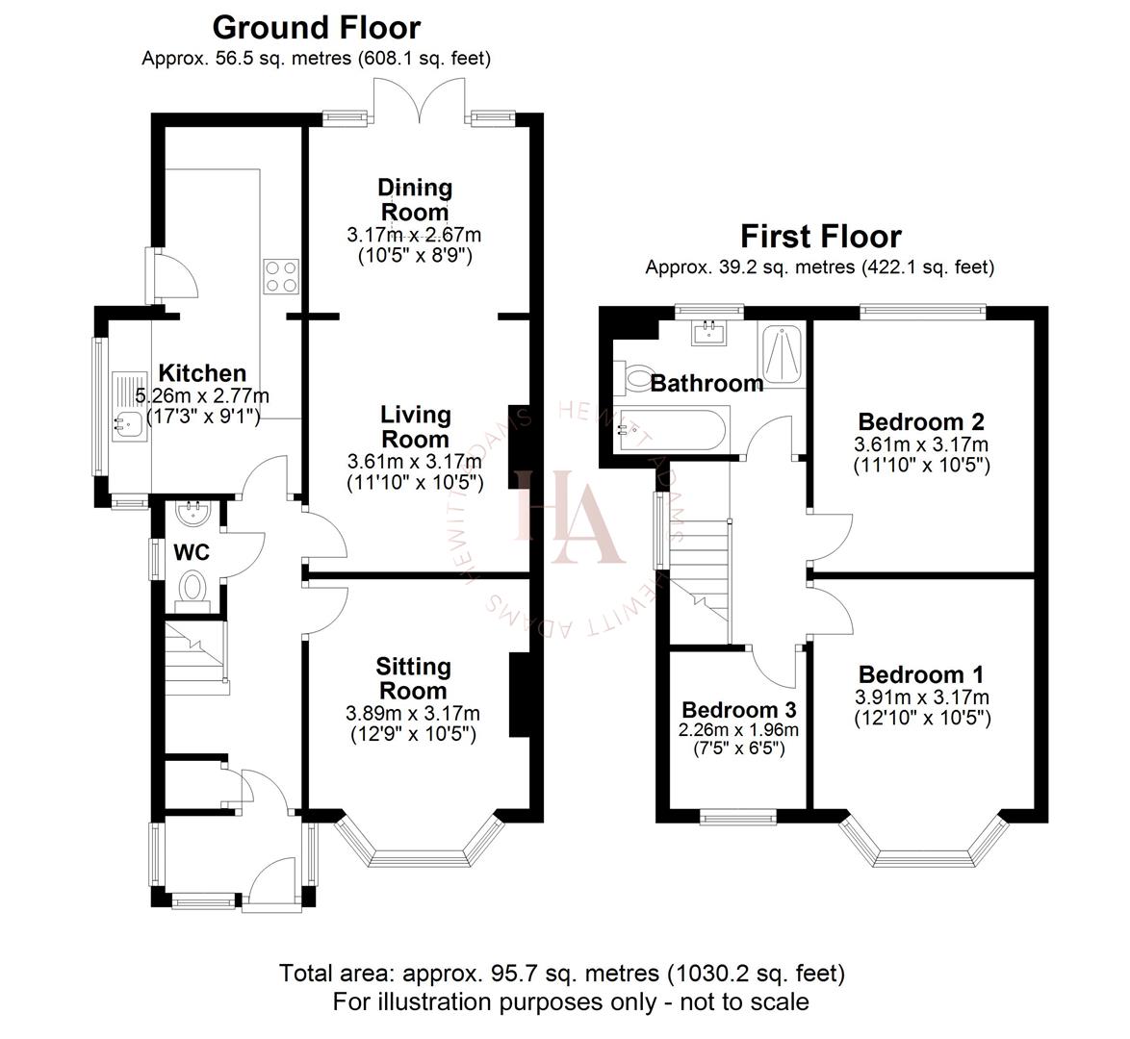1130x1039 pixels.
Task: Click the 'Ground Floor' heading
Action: pyautogui.click(x=316, y=27)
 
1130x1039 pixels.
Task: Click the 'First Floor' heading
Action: pyautogui.click(x=820, y=236)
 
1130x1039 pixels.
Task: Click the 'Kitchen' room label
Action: pyautogui.click(x=202, y=373)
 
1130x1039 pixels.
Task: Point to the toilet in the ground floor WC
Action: pyautogui.click(x=193, y=586)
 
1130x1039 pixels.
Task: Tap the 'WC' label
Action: pyautogui.click(x=192, y=553)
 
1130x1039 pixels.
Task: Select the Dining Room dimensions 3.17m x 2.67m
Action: pyautogui.click(x=414, y=235)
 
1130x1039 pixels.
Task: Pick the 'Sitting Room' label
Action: pyautogui.click(x=412, y=678)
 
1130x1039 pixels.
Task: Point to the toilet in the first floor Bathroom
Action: pyautogui.click(x=636, y=377)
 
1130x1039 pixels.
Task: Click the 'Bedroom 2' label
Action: pyautogui.click(x=921, y=421)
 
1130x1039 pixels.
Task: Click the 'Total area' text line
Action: pyautogui.click(x=562, y=973)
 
